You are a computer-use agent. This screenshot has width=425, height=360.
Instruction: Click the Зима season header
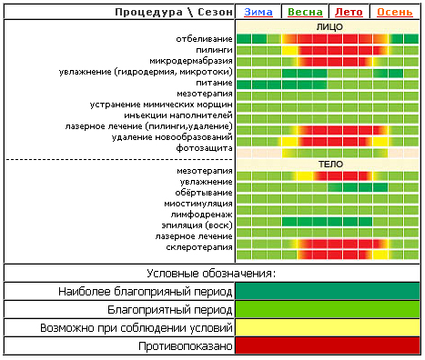(258, 12)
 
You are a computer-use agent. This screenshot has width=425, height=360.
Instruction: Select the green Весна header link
(305, 12)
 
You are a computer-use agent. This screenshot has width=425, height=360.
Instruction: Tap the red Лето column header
(349, 12)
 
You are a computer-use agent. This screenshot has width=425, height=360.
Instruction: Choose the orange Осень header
(395, 12)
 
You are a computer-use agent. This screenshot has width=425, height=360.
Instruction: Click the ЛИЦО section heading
(329, 27)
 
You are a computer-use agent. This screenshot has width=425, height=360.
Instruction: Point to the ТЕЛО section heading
(330, 165)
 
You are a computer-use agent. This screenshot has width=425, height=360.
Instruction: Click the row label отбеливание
(204, 39)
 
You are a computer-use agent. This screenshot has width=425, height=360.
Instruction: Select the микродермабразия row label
(191, 61)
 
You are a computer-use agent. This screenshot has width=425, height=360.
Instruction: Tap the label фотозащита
(204, 148)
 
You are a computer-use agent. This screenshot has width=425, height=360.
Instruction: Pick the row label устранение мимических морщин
(161, 105)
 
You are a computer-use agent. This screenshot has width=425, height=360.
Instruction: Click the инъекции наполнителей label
(178, 115)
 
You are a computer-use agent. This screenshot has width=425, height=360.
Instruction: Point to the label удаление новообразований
(172, 137)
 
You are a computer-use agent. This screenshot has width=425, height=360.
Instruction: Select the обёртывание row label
(204, 193)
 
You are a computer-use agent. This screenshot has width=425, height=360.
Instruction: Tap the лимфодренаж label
(201, 215)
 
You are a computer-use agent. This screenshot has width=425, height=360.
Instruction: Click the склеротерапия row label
(199, 247)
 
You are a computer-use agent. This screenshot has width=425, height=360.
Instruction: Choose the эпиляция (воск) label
(197, 225)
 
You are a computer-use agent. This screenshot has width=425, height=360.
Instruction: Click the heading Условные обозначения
(211, 274)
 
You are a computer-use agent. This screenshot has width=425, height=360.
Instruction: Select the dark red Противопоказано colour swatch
(328, 345)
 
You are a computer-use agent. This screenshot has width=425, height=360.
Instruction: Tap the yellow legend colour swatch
(328, 327)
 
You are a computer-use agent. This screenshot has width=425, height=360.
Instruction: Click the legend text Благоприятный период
(170, 310)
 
